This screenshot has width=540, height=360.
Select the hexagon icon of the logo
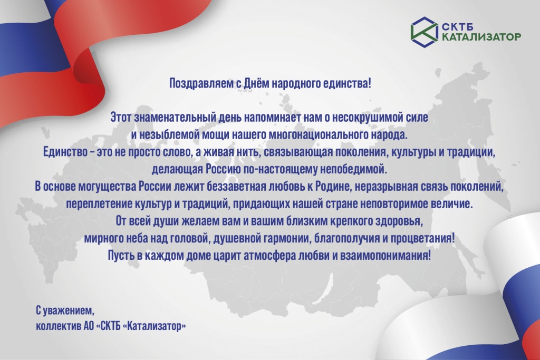pos(424,30)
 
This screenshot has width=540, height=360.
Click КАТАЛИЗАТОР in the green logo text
pos(480,36)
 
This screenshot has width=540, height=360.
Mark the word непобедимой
pos(356,170)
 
